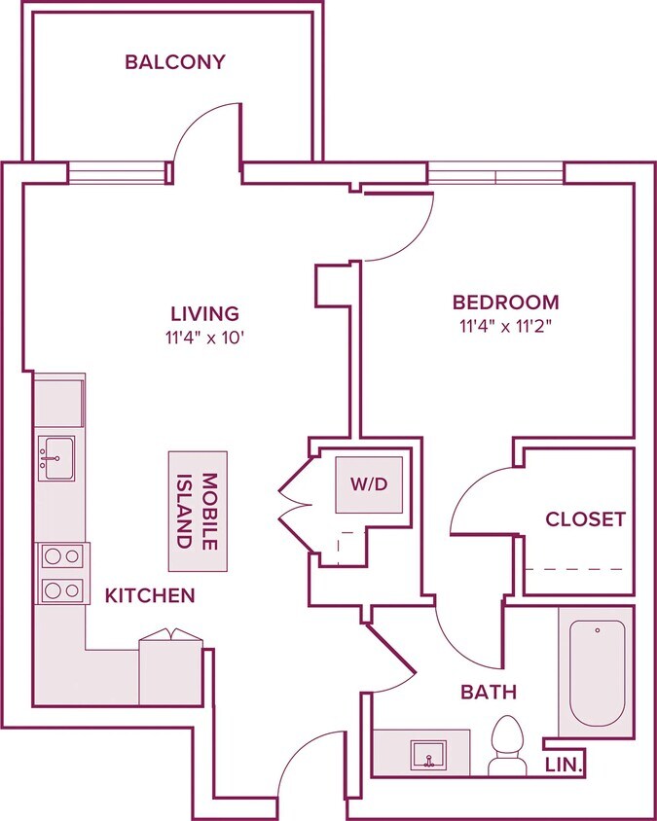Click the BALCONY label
(x=175, y=62)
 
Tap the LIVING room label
(x=204, y=313)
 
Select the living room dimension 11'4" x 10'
(x=205, y=339)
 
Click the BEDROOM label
(x=505, y=303)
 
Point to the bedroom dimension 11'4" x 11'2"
(x=507, y=327)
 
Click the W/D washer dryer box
(x=369, y=484)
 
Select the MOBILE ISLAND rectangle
(x=198, y=511)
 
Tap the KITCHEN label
(x=150, y=595)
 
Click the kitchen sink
(x=56, y=458)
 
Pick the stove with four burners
(x=62, y=573)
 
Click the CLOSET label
(x=585, y=519)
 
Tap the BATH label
(x=489, y=693)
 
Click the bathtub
(x=598, y=673)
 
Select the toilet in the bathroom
(x=507, y=745)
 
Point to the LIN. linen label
(x=564, y=766)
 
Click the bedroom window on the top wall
(x=495, y=173)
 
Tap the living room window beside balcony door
(x=118, y=173)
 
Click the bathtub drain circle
(x=598, y=631)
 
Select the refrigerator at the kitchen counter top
(x=59, y=401)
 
